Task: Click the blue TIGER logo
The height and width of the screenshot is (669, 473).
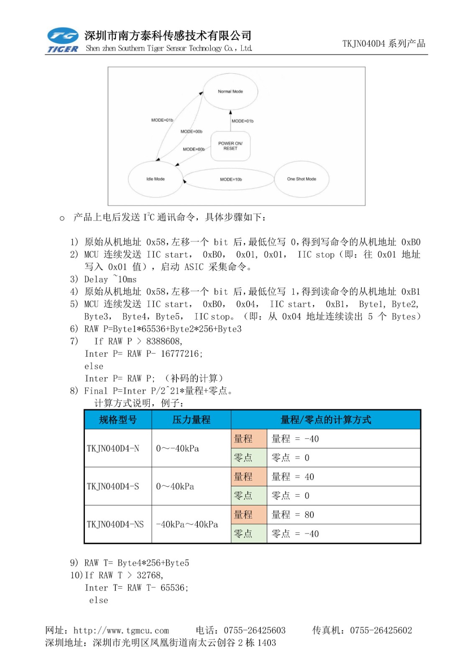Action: pyautogui.click(x=63, y=40)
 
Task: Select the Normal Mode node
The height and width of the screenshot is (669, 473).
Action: pyautogui.click(x=230, y=92)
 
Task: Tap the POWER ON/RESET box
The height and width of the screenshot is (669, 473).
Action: pyautogui.click(x=230, y=146)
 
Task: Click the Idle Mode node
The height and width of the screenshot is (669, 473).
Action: pyautogui.click(x=156, y=179)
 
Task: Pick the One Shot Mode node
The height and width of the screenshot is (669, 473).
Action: pyautogui.click(x=302, y=179)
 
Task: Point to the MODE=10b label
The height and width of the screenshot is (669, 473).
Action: pyautogui.click(x=231, y=179)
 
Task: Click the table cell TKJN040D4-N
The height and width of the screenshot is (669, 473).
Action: pyautogui.click(x=113, y=449)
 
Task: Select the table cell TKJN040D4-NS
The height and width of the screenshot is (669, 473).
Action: pyautogui.click(x=115, y=524)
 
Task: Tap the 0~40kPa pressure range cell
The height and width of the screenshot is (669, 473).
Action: pyautogui.click(x=175, y=486)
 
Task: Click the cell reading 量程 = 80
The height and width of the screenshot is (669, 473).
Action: pyautogui.click(x=293, y=515)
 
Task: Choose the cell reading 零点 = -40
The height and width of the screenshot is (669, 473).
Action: pyautogui.click(x=295, y=534)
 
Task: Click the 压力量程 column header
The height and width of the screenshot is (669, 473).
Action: pyautogui.click(x=191, y=420)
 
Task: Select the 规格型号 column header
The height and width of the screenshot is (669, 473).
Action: pyautogui.click(x=118, y=420)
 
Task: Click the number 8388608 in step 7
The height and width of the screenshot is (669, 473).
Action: pyautogui.click(x=164, y=341)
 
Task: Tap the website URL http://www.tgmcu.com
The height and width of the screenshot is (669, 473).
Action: pyautogui.click(x=121, y=630)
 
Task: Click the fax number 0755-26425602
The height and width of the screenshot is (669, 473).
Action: pyautogui.click(x=381, y=630)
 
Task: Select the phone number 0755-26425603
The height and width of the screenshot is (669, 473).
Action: pyautogui.click(x=255, y=630)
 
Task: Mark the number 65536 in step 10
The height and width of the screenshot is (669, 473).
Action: pyautogui.click(x=174, y=587)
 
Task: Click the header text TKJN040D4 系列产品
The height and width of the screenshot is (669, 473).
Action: pyautogui.click(x=384, y=43)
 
